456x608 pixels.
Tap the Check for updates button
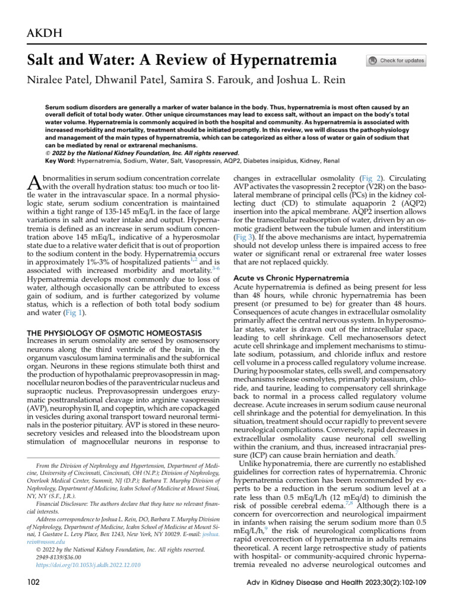pyautogui.click(x=396, y=61)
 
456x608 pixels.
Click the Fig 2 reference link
pyautogui.click(x=371, y=178)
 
